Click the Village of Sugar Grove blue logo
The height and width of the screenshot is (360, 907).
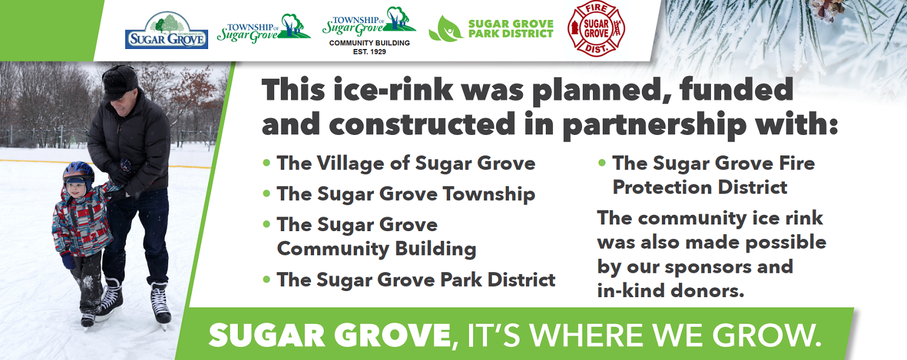coord(166,30)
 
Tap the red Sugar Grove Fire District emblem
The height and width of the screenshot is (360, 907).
coord(596,28)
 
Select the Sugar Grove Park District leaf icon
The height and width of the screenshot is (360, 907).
coord(445,29)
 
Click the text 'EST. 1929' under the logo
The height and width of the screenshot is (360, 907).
coord(369,52)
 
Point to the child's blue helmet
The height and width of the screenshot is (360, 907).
coord(79,172)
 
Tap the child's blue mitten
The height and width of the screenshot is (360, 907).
coord(68,261)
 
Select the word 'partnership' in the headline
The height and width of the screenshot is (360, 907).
coord(653,125)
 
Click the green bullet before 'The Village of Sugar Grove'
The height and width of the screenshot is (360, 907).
coord(266,163)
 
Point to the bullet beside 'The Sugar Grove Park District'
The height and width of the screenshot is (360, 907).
coord(266,280)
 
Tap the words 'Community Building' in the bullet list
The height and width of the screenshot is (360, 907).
coord(376,249)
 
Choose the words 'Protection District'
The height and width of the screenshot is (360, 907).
coord(699,188)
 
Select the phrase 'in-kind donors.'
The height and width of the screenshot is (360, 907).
coord(670,291)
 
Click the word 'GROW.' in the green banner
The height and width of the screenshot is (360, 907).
coord(767,335)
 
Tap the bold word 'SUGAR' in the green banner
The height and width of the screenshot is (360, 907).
coord(267,335)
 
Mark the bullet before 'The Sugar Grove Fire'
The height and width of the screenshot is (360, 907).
coord(602,163)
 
